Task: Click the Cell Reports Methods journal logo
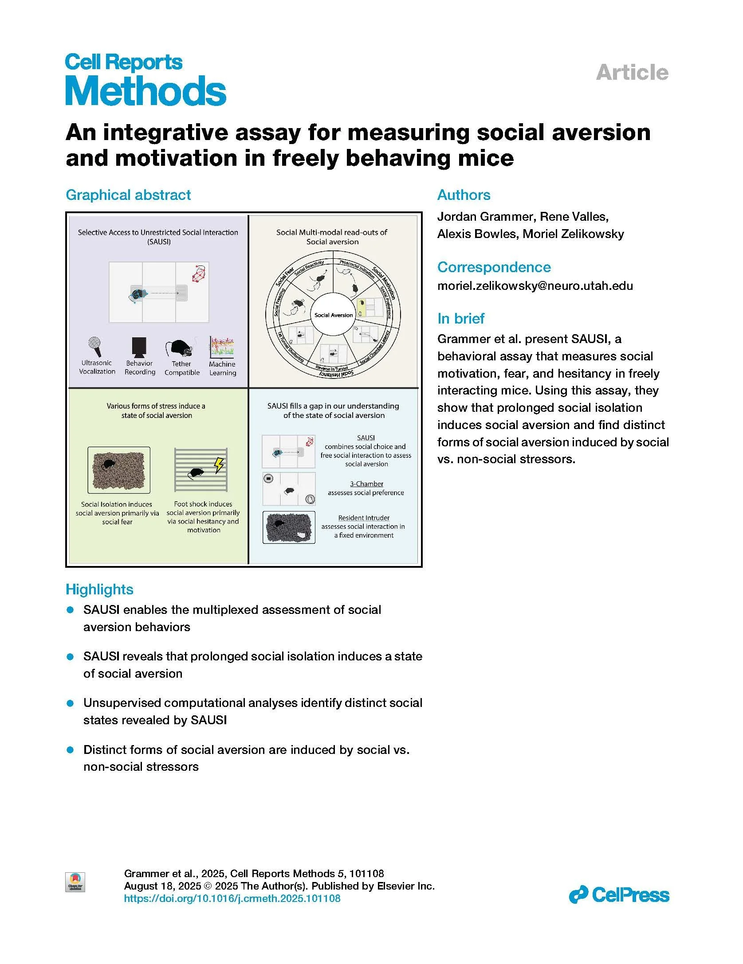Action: pyautogui.click(x=145, y=80)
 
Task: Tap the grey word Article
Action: pyautogui.click(x=632, y=73)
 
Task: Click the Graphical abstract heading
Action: pyautogui.click(x=128, y=195)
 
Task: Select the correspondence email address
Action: pyautogui.click(x=535, y=286)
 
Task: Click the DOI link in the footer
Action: pyautogui.click(x=232, y=898)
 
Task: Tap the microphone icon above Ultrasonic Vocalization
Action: pyautogui.click(x=95, y=347)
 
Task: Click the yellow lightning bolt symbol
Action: pyautogui.click(x=219, y=465)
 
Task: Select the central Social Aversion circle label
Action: pyautogui.click(x=334, y=315)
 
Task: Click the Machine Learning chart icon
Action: pyautogui.click(x=222, y=347)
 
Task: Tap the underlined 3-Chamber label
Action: pyautogui.click(x=366, y=484)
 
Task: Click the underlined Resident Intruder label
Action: pyautogui.click(x=364, y=518)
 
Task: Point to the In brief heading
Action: pyautogui.click(x=461, y=318)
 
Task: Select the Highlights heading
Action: pyautogui.click(x=99, y=589)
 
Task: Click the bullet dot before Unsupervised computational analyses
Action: pyautogui.click(x=70, y=703)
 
